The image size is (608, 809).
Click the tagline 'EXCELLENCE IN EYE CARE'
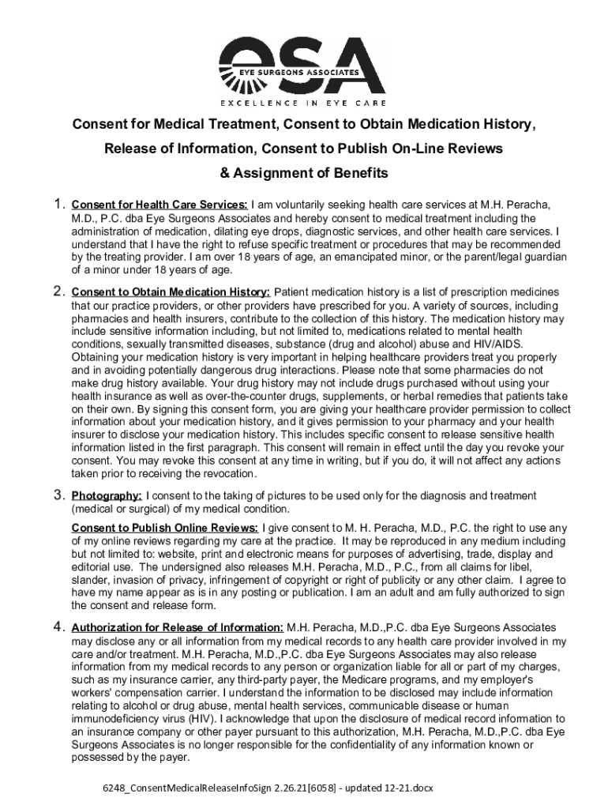point(303,103)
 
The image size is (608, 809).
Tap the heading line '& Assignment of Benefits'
point(304,173)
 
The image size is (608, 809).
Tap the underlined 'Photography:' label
point(107,496)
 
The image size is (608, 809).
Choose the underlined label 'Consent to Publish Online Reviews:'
point(165,527)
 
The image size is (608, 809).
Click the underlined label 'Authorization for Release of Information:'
point(178,628)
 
